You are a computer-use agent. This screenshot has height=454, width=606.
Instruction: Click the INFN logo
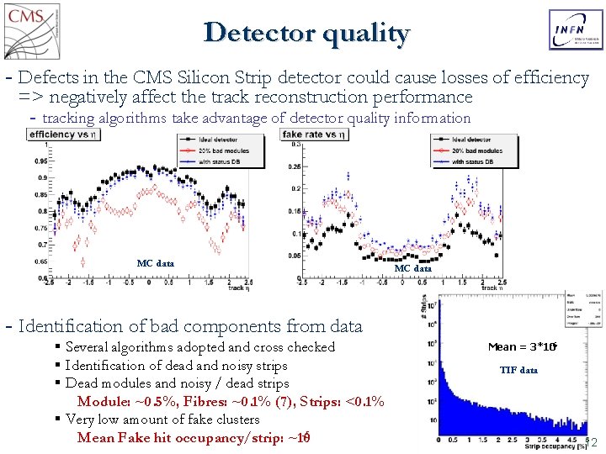pyautogui.click(x=576, y=30)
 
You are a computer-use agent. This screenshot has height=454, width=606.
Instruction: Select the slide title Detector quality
pyautogui.click(x=306, y=33)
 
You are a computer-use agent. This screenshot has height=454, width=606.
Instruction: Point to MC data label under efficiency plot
pyautogui.click(x=155, y=263)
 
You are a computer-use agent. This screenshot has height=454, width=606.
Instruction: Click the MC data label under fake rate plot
pyautogui.click(x=412, y=268)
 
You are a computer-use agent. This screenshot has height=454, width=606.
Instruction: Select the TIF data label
pyautogui.click(x=518, y=370)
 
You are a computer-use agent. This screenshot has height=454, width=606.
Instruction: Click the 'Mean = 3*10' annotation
pyautogui.click(x=521, y=346)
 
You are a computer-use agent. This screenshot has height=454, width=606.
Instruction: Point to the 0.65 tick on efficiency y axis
pyautogui.click(x=40, y=261)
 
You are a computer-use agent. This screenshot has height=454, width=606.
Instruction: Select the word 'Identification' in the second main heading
pyautogui.click(x=70, y=326)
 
